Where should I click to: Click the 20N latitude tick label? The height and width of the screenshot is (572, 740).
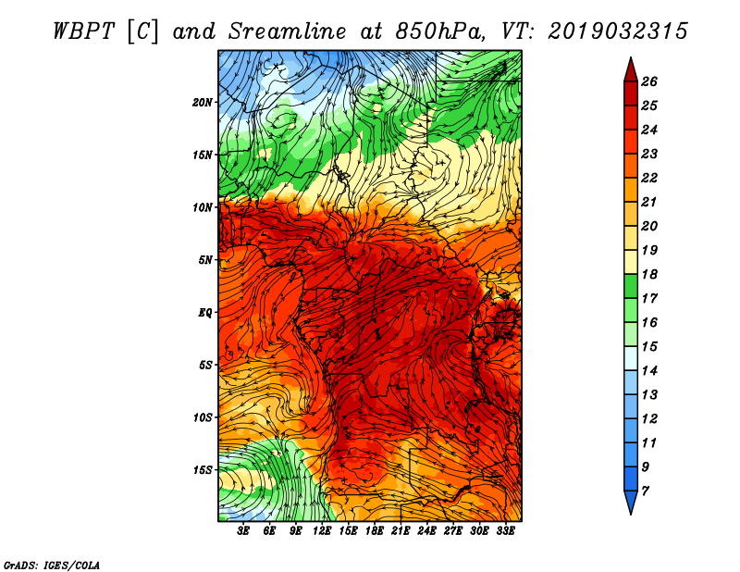pyautogui.click(x=203, y=103)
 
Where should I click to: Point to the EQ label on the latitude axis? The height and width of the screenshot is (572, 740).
pyautogui.click(x=204, y=313)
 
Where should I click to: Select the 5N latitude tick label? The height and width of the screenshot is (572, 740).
pyautogui.click(x=205, y=260)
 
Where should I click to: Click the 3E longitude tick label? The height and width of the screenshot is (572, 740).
pyautogui.click(x=243, y=531)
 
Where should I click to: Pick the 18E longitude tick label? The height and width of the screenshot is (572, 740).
pyautogui.click(x=375, y=531)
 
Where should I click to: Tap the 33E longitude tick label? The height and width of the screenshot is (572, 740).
pyautogui.click(x=505, y=531)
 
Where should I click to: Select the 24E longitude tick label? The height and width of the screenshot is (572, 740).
pyautogui.click(x=426, y=531)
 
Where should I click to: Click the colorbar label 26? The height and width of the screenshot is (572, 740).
pyautogui.click(x=649, y=81)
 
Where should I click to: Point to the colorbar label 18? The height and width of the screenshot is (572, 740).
pyautogui.click(x=649, y=274)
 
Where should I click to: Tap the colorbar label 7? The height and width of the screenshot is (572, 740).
pyautogui.click(x=645, y=491)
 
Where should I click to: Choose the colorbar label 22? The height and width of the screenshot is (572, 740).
pyautogui.click(x=649, y=178)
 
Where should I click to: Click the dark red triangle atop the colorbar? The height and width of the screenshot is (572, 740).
pyautogui.click(x=631, y=70)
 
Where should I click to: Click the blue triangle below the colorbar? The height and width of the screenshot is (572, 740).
pyautogui.click(x=631, y=502)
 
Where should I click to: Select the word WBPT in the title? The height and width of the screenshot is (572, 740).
pyautogui.click(x=83, y=31)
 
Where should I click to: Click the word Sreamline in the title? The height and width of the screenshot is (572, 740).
pyautogui.click(x=287, y=31)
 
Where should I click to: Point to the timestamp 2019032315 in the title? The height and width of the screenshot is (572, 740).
pyautogui.click(x=618, y=31)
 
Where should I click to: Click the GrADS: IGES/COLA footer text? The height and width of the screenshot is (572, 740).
pyautogui.click(x=52, y=566)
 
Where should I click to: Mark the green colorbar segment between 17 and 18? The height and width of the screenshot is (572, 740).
pyautogui.click(x=631, y=286)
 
